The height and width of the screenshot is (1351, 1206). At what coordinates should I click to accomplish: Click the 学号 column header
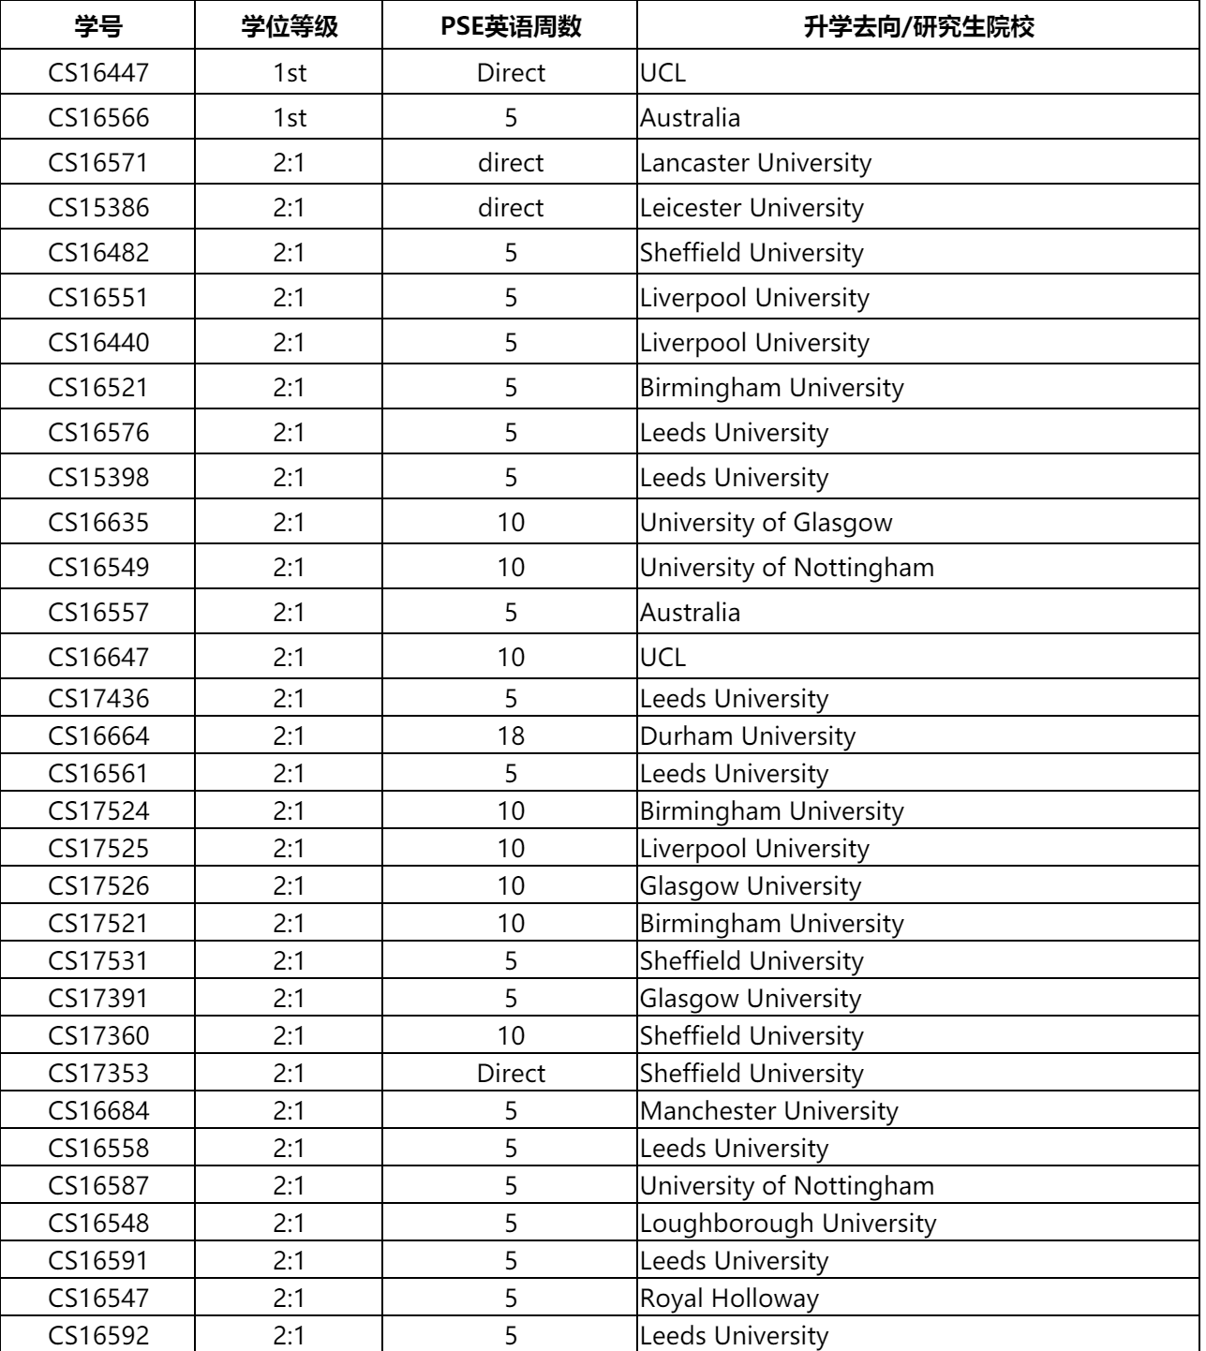(x=98, y=26)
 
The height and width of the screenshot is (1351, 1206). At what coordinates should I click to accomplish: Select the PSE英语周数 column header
(x=511, y=26)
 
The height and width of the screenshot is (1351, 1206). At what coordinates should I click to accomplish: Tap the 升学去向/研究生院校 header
(x=918, y=26)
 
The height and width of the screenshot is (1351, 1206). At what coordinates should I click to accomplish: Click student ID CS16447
(x=98, y=72)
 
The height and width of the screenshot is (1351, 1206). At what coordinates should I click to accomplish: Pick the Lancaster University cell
(x=755, y=163)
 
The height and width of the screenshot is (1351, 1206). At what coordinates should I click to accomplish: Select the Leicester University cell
(x=752, y=208)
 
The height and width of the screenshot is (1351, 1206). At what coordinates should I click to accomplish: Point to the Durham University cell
(x=748, y=736)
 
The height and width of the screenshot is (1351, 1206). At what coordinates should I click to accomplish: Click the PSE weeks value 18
(x=511, y=736)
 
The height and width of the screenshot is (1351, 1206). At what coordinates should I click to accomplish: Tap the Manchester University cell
(x=769, y=1111)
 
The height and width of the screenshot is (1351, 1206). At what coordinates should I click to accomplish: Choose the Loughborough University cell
(x=788, y=1224)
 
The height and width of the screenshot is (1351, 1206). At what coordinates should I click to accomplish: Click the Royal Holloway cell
(x=729, y=1299)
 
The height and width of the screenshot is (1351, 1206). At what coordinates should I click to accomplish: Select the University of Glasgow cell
(x=767, y=523)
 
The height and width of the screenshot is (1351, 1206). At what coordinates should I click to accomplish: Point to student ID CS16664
(x=98, y=736)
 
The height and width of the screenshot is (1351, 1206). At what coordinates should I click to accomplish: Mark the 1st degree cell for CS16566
(x=290, y=118)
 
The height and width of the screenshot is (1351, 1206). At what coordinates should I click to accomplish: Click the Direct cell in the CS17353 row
(x=511, y=1074)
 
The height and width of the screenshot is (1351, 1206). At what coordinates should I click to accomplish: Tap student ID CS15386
(x=98, y=208)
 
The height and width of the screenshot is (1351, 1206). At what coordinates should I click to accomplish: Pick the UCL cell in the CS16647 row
(x=663, y=658)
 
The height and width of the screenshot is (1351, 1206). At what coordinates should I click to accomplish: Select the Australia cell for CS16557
(x=691, y=613)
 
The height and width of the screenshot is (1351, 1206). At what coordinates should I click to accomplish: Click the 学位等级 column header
(x=290, y=26)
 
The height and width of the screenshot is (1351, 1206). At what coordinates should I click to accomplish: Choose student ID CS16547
(x=98, y=1299)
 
